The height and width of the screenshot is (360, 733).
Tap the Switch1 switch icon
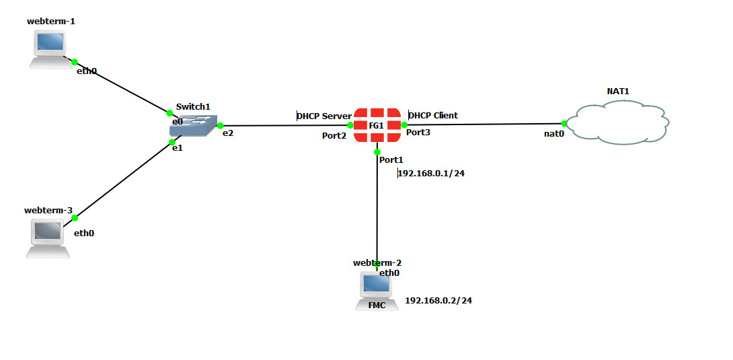point(194,126)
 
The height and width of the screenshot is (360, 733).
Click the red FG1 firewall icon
point(377,125)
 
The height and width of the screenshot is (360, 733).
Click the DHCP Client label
point(434,115)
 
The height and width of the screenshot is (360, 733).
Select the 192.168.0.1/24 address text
point(432,173)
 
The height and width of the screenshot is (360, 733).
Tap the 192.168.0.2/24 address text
point(438,300)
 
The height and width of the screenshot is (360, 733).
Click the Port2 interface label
point(334,136)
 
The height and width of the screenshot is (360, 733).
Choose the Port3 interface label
point(418,133)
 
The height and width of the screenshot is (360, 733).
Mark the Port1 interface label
point(391,159)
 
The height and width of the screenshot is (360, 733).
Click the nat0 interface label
point(554,134)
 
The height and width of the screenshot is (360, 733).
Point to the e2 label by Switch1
point(228,133)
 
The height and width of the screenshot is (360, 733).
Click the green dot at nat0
point(564,123)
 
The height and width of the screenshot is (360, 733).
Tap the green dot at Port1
point(377,152)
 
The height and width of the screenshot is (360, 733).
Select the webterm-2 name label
point(377,262)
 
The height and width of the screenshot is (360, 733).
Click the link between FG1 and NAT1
point(484,124)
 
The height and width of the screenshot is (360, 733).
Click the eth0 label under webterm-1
point(87,71)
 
